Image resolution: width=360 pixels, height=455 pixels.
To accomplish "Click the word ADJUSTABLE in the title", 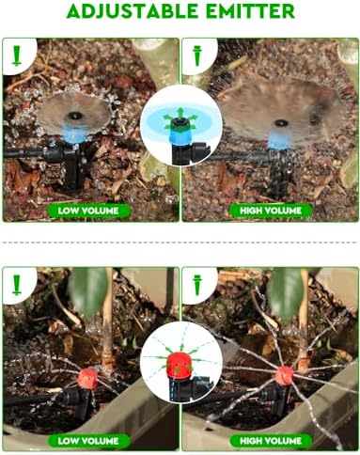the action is (x=133, y=10).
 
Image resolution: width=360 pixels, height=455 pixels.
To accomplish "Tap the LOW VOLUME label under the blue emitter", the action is (x=88, y=211).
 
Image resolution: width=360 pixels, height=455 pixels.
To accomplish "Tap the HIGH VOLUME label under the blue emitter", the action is (x=271, y=211).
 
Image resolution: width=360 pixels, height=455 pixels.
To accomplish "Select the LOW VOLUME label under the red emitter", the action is (x=88, y=441).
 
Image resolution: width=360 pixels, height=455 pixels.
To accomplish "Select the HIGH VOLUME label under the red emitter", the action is (x=271, y=441).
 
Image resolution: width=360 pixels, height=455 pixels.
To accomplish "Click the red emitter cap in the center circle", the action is (x=180, y=365).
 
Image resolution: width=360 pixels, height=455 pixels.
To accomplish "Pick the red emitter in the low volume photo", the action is (x=88, y=378).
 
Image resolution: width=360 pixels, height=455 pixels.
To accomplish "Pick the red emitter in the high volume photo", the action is (x=285, y=376).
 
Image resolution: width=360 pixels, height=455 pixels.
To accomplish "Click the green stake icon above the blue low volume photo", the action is (x=17, y=55).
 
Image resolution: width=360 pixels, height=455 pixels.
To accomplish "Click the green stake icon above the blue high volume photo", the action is (x=197, y=55).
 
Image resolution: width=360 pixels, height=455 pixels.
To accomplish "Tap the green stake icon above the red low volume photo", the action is (x=17, y=285).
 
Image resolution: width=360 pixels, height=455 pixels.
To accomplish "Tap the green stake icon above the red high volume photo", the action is (x=197, y=285).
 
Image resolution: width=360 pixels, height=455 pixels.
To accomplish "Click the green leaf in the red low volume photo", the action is (x=89, y=291).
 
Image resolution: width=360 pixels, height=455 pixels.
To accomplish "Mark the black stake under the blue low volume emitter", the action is (x=72, y=167).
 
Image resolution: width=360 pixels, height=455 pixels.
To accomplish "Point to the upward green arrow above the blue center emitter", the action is (x=180, y=113).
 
